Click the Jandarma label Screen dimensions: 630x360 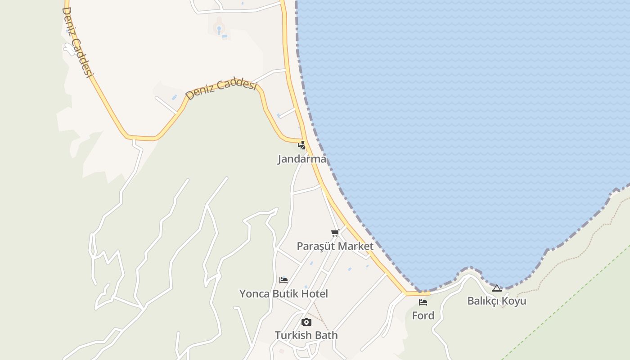coord(301,159)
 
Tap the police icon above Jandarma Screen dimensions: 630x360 coord(301,145)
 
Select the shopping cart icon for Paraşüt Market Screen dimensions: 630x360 coord(335,233)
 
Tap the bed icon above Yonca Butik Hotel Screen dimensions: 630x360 coord(283,280)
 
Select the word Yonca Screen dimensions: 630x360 coord(254,294)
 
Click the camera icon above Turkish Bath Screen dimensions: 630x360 coord(306,322)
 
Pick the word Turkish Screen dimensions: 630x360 coord(293,335)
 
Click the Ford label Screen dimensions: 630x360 coord(423,315)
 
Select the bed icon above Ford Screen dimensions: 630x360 coord(423,302)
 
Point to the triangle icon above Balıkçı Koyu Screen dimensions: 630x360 coord(497,288)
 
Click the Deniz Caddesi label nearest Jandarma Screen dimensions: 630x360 coord(221,89)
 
